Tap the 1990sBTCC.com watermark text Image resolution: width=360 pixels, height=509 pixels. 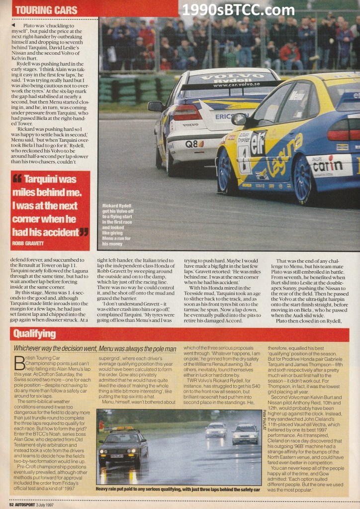point(238,9)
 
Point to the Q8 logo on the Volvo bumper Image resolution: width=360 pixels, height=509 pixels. point(194,144)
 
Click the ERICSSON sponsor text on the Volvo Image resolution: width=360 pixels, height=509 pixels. point(231,116)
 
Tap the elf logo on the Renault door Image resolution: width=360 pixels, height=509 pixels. point(259,141)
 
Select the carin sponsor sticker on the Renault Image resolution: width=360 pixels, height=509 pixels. point(329,165)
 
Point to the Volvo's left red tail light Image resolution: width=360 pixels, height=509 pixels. point(187,112)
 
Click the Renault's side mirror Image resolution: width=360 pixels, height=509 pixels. point(240,119)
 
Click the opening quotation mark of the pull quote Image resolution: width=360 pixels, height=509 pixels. point(17,179)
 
